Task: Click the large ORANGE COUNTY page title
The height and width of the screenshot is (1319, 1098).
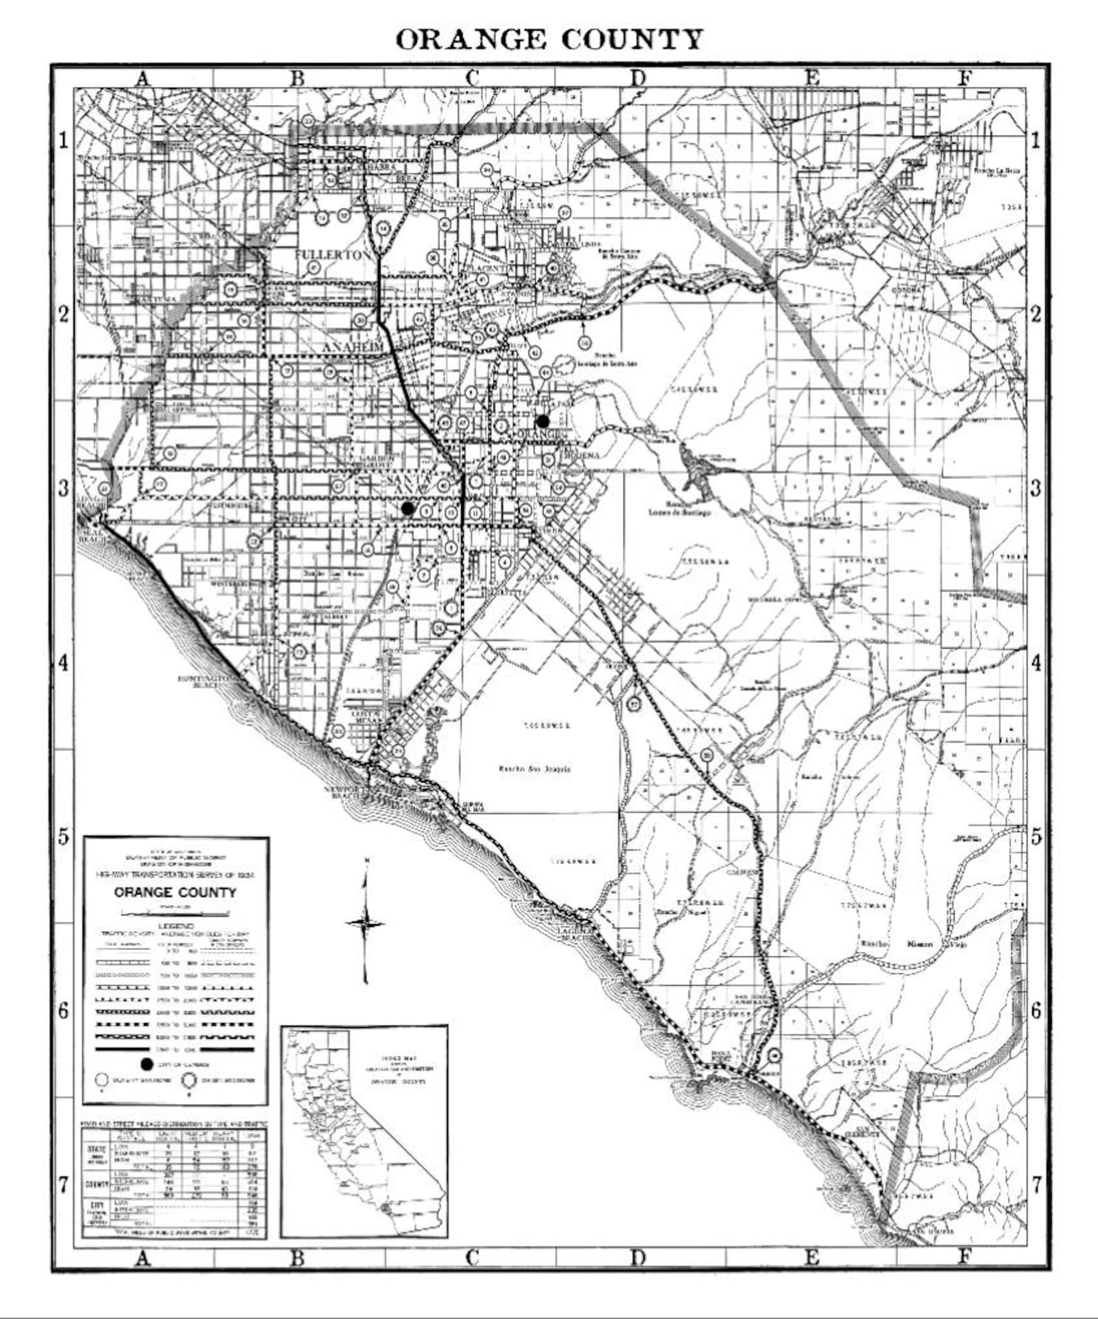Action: point(549,39)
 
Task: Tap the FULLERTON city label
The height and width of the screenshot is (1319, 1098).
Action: point(333,254)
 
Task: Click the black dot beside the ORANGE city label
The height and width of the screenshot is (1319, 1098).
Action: point(543,420)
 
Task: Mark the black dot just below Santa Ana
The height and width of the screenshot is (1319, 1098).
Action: point(407,508)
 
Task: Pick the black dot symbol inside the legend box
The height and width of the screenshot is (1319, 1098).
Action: point(146,1064)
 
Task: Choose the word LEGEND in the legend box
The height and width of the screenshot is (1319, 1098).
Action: point(176,925)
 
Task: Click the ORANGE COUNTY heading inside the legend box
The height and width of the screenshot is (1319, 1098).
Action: point(175,892)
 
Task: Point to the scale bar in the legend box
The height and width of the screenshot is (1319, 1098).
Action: point(176,913)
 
